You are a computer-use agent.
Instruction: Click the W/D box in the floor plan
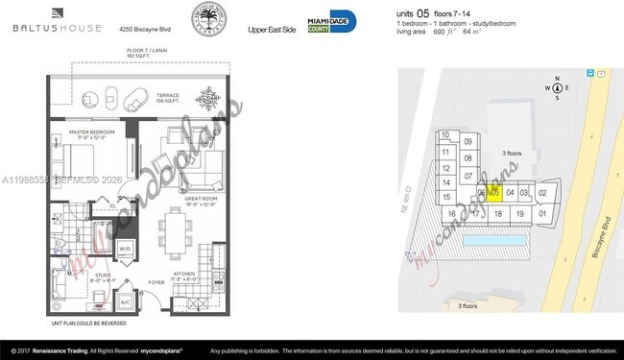coord(124,250)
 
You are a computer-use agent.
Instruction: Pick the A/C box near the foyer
coord(125,301)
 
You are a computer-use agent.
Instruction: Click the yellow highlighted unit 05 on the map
coord(494,192)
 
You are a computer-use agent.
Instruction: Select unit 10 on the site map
coord(446,136)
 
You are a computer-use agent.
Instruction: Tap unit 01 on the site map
coord(543,213)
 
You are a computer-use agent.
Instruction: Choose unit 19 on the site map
coord(517,213)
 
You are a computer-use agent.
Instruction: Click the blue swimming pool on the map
coord(495,237)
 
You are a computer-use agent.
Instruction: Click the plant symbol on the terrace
coord(206,98)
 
